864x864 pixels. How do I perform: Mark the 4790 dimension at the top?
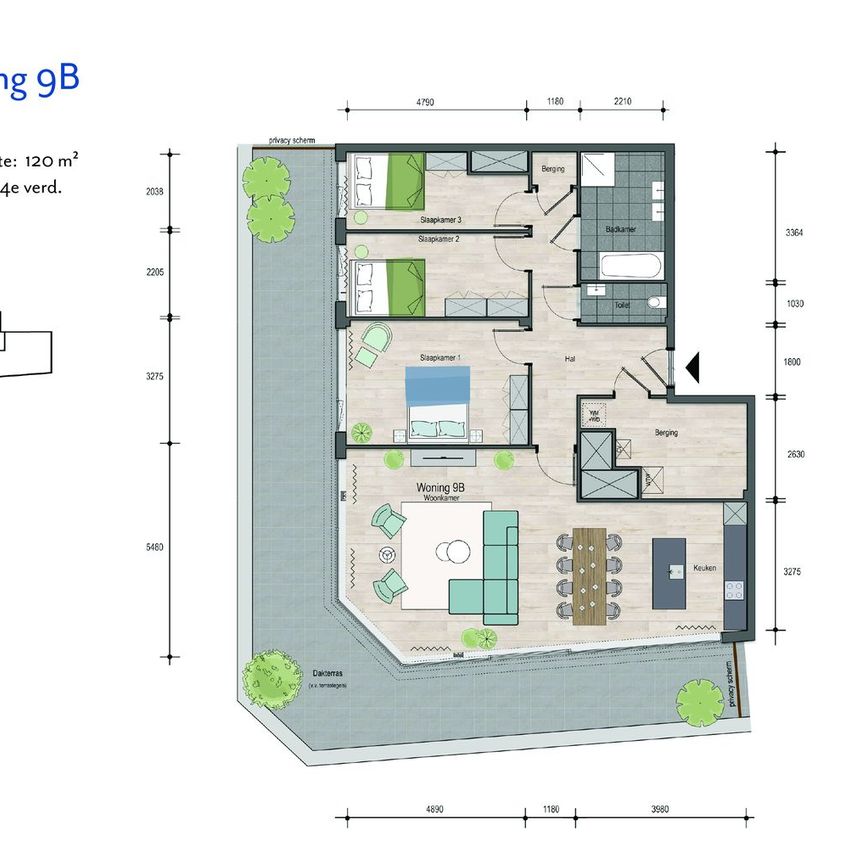[430, 101]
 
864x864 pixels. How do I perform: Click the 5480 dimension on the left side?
[153, 547]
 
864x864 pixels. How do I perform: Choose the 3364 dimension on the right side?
[796, 232]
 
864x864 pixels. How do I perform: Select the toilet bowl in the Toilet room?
[654, 302]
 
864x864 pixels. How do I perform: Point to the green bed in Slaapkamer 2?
[389, 284]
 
